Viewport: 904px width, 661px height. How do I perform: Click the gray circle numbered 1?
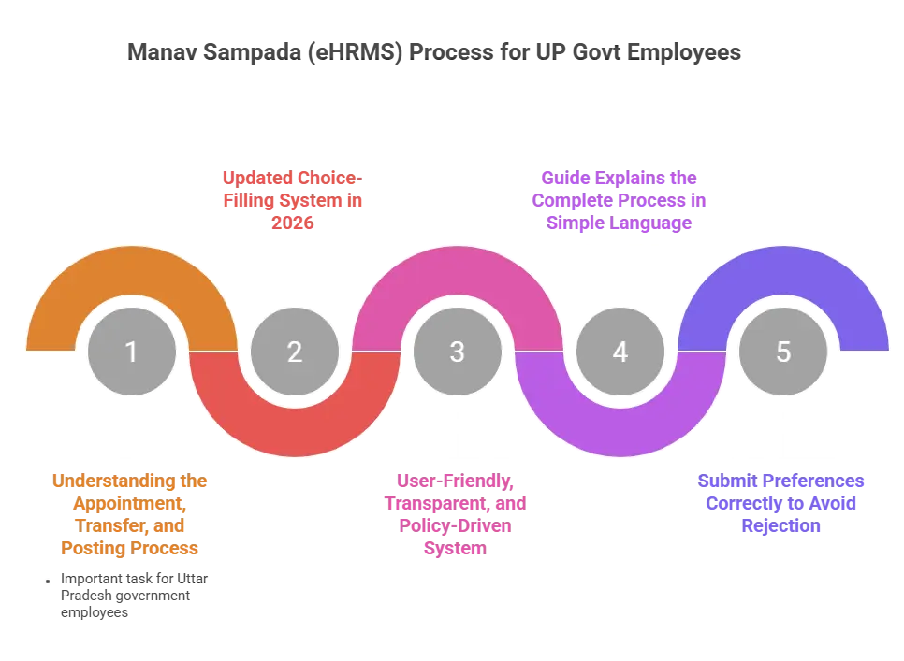[131, 352]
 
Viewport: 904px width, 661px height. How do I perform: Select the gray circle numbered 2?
[294, 352]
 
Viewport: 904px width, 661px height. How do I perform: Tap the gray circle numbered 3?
[457, 352]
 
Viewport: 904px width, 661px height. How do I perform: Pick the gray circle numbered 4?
[620, 352]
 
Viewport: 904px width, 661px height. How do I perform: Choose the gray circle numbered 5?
[782, 352]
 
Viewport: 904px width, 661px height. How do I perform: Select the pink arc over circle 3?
[457, 271]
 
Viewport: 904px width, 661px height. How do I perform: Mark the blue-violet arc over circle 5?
[782, 271]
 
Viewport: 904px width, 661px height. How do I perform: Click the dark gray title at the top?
[433, 51]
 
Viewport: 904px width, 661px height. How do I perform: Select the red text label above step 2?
[294, 199]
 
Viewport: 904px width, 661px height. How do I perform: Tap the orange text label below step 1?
[130, 514]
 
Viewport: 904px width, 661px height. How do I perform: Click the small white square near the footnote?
[44, 582]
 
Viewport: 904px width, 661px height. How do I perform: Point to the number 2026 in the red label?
[294, 223]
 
